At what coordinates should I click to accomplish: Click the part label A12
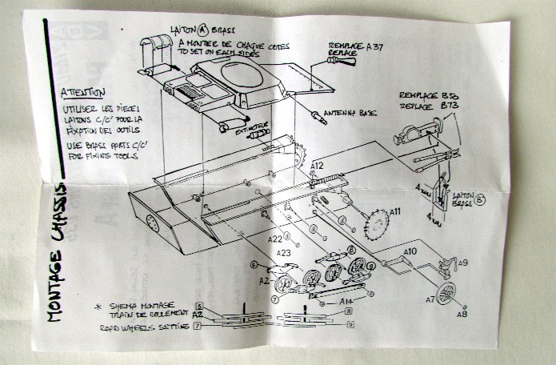318,166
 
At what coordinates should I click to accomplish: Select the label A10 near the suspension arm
410,251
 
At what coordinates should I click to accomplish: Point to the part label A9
463,263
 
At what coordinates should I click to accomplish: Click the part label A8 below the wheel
461,315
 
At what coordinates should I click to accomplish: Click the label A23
284,253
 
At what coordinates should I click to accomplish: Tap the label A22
274,239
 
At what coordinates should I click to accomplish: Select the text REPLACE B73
427,105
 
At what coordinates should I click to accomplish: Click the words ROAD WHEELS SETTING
144,328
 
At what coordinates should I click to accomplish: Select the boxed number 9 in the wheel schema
350,324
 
